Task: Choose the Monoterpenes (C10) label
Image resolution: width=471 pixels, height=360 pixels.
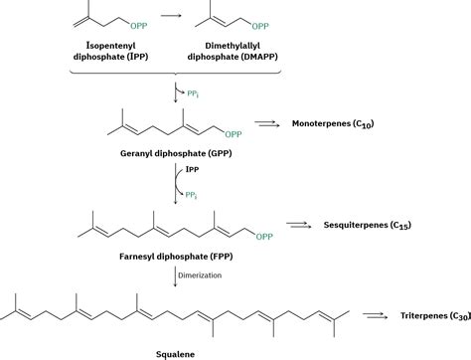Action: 338,124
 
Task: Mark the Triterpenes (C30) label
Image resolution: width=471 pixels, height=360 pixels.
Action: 429,315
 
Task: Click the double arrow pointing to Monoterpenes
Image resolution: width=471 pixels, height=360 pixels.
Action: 266,124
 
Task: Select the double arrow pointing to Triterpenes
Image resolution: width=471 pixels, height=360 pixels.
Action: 374,315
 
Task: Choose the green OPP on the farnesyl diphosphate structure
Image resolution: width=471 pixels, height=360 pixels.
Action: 263,236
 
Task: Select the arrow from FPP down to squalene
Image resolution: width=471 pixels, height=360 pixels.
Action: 178,273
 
